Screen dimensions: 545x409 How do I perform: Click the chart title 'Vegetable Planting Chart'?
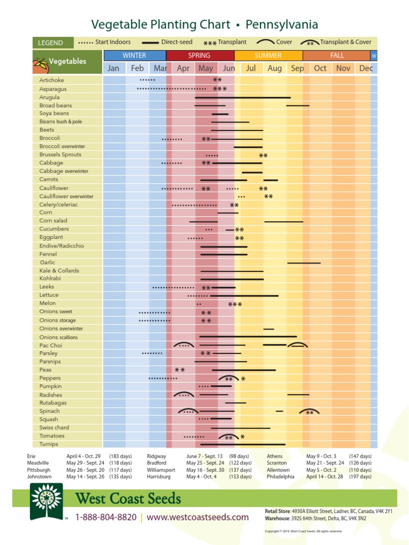161,24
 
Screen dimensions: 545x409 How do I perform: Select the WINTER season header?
134,55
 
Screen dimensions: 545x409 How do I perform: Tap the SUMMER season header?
268,55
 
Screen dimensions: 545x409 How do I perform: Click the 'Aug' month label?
275,68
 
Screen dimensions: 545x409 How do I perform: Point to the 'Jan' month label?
113,68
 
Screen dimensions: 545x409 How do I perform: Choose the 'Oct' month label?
320,68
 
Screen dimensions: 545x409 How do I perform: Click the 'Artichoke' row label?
51,80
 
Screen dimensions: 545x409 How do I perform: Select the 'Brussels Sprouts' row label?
60,155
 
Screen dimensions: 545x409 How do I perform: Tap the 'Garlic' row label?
47,262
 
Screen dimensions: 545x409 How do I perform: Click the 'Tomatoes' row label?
52,436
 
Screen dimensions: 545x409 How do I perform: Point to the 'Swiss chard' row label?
54,427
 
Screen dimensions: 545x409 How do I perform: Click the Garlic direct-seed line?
304,263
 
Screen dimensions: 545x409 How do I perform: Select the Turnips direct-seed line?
242,444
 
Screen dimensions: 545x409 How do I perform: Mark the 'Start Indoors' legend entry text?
113,42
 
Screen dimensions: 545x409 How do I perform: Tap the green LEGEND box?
51,43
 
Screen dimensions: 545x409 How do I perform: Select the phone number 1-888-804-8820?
105,517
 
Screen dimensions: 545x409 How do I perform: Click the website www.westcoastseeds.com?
198,517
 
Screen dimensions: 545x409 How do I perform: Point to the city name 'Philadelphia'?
281,477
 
